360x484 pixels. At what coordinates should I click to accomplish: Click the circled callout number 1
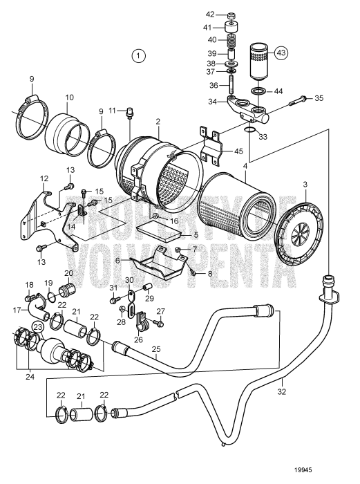pos(140,55)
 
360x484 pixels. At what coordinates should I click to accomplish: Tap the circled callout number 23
pos(37,327)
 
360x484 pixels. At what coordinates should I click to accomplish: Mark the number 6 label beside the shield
pos(117,260)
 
